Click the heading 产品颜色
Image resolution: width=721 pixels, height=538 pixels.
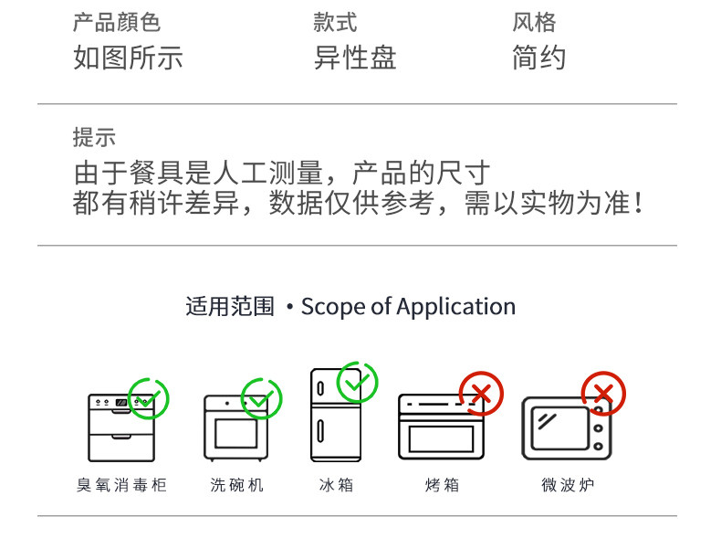click(x=117, y=22)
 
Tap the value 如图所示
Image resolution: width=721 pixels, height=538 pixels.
click(x=129, y=58)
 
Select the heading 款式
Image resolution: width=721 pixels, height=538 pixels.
click(x=335, y=22)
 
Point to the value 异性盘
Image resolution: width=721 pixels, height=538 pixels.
click(x=355, y=58)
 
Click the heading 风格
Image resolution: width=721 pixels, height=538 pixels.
click(x=534, y=22)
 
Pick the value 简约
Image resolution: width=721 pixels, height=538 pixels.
click(x=539, y=58)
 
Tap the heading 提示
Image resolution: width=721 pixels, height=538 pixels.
click(x=94, y=137)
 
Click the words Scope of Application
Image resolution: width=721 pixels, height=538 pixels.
click(x=408, y=307)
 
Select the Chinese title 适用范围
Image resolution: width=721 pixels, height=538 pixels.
click(x=230, y=307)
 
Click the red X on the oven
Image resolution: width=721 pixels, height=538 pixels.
click(x=482, y=394)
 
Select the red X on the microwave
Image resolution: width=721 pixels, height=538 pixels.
click(x=603, y=394)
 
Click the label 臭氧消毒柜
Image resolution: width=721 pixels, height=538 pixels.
click(x=121, y=485)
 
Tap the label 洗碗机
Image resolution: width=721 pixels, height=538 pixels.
click(x=236, y=485)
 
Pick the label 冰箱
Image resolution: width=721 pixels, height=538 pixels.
click(x=337, y=485)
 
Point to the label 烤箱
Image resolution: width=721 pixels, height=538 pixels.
click(x=443, y=485)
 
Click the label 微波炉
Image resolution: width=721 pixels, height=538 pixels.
click(x=568, y=485)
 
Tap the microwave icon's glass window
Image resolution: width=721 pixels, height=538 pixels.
click(x=559, y=428)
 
